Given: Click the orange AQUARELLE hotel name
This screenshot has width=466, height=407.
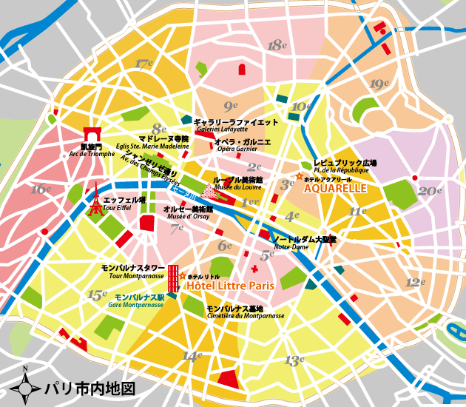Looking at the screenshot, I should pyautogui.click(x=335, y=189).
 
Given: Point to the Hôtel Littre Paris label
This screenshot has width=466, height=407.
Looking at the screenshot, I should pyautogui.click(x=230, y=285).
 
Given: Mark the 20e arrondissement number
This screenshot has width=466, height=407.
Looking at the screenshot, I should pyautogui.click(x=429, y=190).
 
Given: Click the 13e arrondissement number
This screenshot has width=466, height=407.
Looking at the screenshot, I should pyautogui.click(x=294, y=360).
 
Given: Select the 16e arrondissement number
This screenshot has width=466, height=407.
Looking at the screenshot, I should pyautogui.click(x=41, y=189).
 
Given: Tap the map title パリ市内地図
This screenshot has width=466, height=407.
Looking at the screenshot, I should pyautogui.click(x=90, y=388).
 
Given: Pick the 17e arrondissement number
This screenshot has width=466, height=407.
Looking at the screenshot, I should pyautogui.click(x=143, y=64).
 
